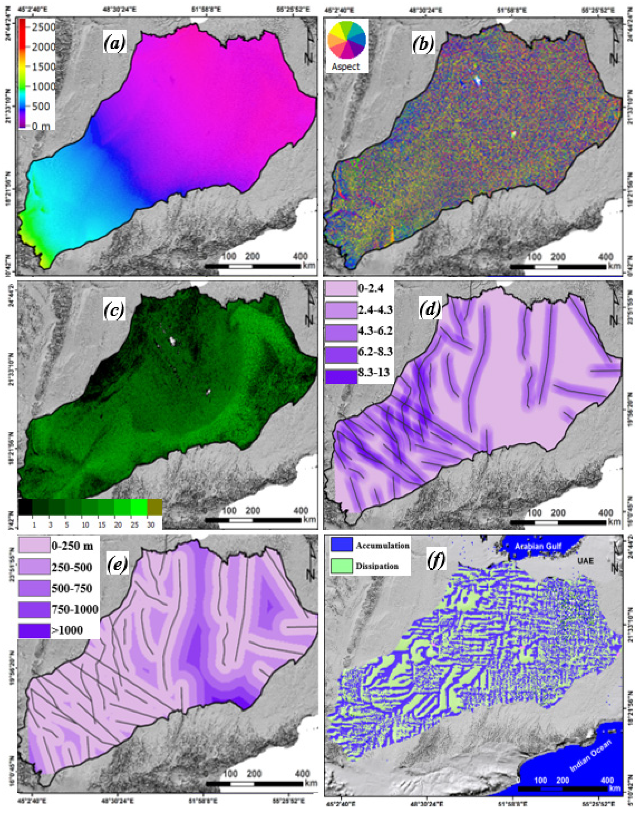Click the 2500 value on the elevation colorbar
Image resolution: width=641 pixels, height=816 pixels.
pyautogui.click(x=44, y=27)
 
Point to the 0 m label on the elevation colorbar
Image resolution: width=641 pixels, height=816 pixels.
pyautogui.click(x=40, y=126)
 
